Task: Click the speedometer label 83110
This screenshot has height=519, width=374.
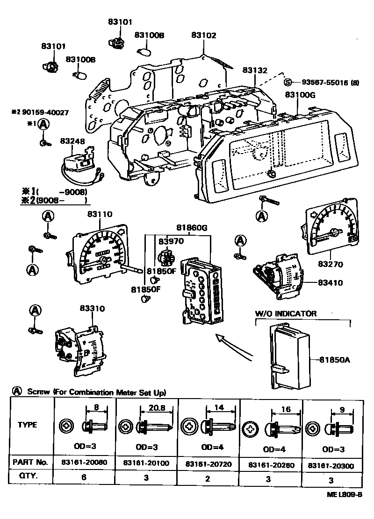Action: coord(99,214)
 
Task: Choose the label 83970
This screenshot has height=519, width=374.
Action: coord(171,241)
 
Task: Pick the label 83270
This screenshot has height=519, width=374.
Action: coord(330,264)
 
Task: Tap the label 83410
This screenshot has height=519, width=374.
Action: coord(331,283)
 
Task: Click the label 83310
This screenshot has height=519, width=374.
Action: coord(92,309)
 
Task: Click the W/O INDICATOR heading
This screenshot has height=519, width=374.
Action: coord(285,314)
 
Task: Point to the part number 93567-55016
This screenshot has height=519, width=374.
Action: coord(324,83)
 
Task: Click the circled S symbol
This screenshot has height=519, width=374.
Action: coord(288,83)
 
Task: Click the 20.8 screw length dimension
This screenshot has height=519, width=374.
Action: coord(156,407)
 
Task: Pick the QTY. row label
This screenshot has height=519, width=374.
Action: coord(28,477)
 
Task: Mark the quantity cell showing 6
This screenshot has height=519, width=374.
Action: coord(84,477)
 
